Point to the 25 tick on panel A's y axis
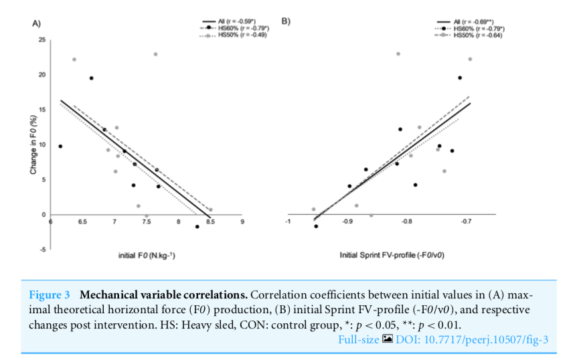pos(42,40)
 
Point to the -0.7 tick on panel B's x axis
pos(466,221)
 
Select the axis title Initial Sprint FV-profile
pos(392,255)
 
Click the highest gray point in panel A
pos(155,54)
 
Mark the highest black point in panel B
pos(460,78)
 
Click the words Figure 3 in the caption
pos(50,295)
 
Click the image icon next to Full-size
pos(387,341)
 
